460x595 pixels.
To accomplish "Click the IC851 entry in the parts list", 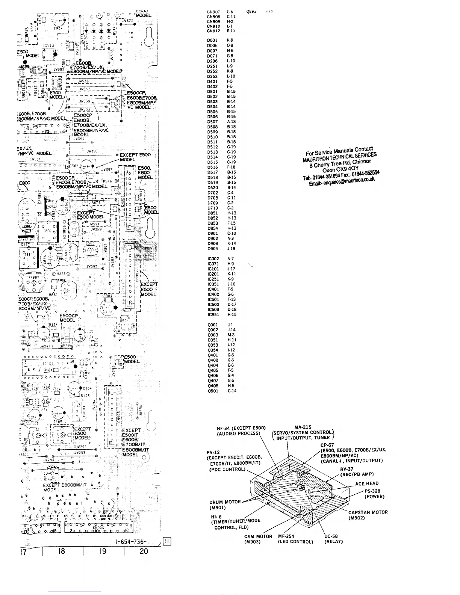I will tap(213, 314).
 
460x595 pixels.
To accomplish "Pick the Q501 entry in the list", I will tap(213, 391).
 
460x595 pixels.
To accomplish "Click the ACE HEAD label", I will tap(367, 483).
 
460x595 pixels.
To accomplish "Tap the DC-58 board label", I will tap(331, 536).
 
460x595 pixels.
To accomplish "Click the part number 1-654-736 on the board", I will tap(134, 541).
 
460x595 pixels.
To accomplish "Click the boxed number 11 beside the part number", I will tap(168, 541).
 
